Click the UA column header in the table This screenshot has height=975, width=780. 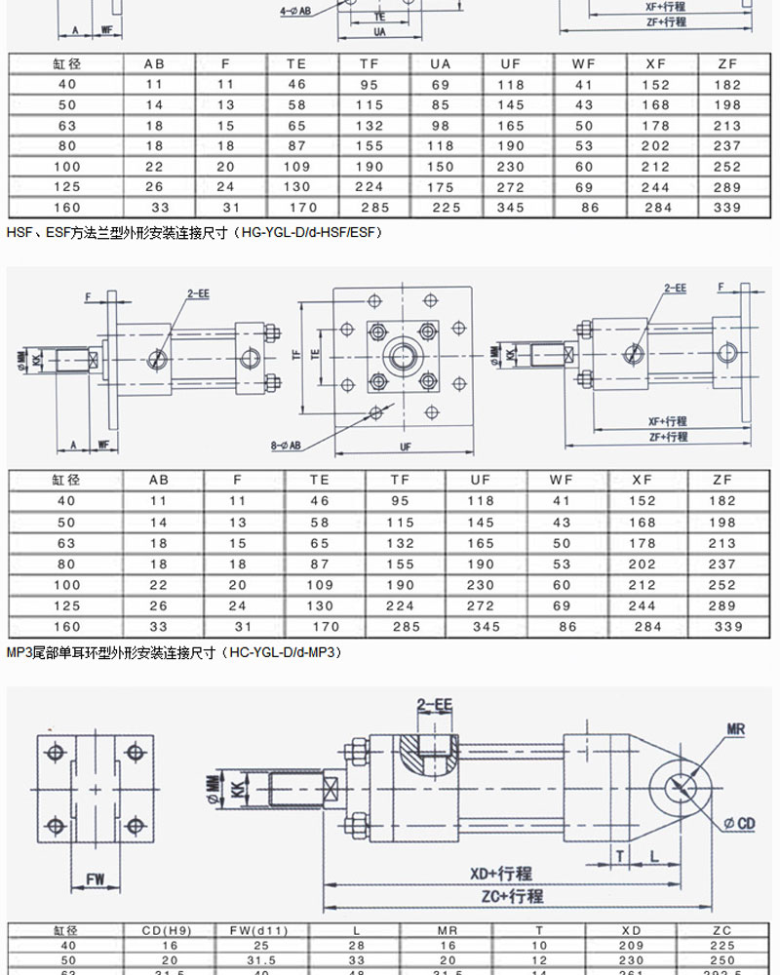click(441, 63)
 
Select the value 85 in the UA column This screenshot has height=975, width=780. click(441, 104)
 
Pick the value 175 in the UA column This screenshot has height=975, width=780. click(441, 186)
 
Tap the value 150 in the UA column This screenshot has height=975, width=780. click(441, 166)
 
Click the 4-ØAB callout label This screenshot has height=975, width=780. click(295, 11)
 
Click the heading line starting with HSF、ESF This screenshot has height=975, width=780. click(195, 232)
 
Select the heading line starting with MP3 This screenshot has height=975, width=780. click(175, 651)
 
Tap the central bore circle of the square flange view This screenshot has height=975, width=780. click(403, 358)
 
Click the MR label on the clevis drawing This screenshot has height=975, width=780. click(736, 729)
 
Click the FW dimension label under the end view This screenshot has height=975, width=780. click(95, 878)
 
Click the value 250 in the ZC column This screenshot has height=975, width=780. click(722, 959)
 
